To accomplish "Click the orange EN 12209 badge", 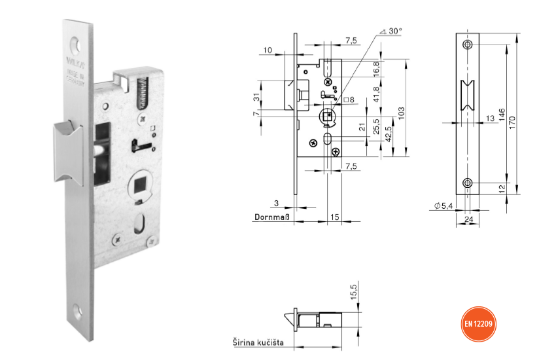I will pos(479,324).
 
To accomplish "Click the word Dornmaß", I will pos(271,217).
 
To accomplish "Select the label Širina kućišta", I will pos(262,342).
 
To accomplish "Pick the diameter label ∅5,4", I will pos(443,206).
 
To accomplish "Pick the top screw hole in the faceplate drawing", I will pos(467,44).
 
